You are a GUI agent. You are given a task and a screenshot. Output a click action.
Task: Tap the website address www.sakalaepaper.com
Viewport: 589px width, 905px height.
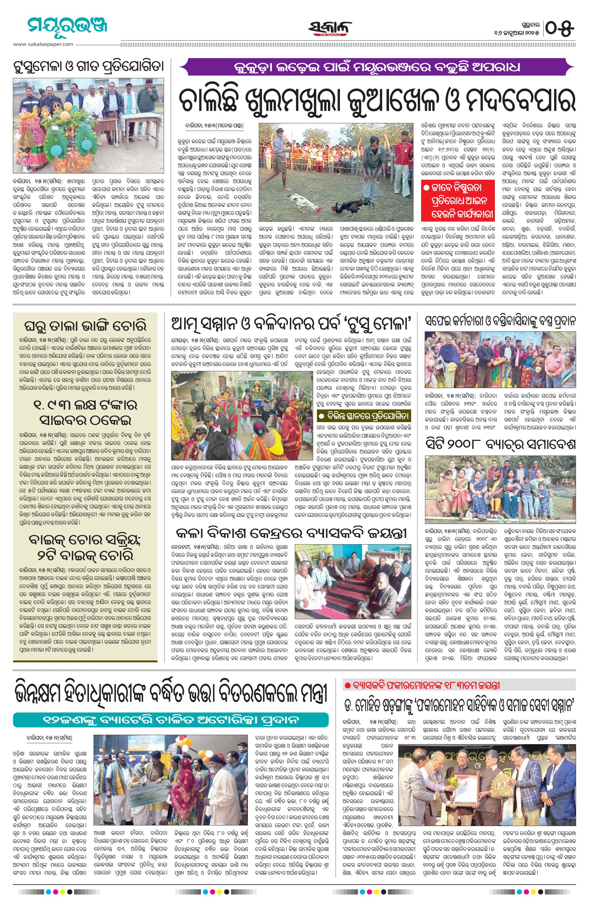[43, 44]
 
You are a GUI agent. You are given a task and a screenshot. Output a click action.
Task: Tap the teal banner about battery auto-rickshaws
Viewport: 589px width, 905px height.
[171, 719]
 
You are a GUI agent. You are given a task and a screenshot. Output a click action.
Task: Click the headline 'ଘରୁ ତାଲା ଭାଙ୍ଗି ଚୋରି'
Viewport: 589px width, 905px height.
[85, 326]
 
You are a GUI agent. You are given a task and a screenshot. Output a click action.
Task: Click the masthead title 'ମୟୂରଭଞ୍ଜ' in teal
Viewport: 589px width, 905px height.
[62, 27]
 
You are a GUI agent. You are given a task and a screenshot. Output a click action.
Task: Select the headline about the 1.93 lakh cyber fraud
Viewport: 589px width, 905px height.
[85, 412]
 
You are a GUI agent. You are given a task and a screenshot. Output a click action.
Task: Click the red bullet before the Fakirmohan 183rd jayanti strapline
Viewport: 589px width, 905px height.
[346, 686]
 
